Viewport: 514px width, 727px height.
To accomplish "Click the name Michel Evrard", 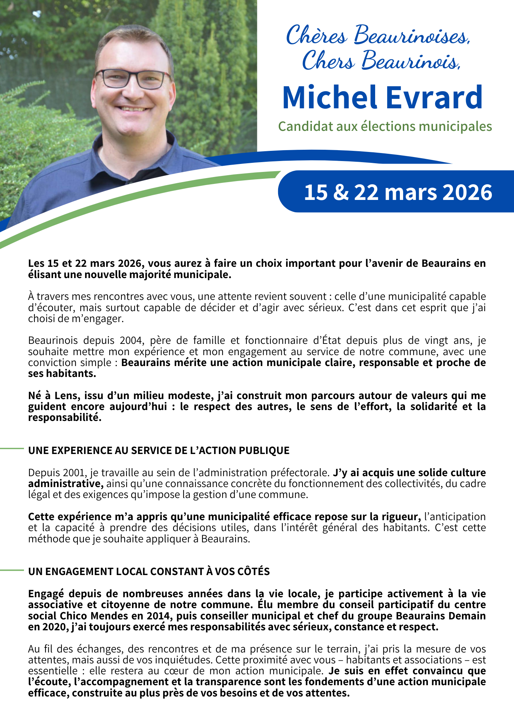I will click(382, 98).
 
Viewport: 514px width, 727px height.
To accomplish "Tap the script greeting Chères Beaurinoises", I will click(378, 36).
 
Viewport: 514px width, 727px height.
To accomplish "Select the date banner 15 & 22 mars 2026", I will click(398, 192).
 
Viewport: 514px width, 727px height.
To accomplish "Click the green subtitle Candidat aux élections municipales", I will click(385, 126).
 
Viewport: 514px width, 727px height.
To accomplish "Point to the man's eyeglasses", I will click(132, 79).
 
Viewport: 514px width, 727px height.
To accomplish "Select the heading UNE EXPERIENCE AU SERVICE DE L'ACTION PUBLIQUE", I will click(159, 450).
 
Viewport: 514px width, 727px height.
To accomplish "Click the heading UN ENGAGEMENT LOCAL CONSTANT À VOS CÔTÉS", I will click(149, 571).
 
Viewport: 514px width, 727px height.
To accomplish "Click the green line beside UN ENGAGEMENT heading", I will click(12, 570).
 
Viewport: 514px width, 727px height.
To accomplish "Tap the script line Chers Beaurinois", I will click(381, 61).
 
